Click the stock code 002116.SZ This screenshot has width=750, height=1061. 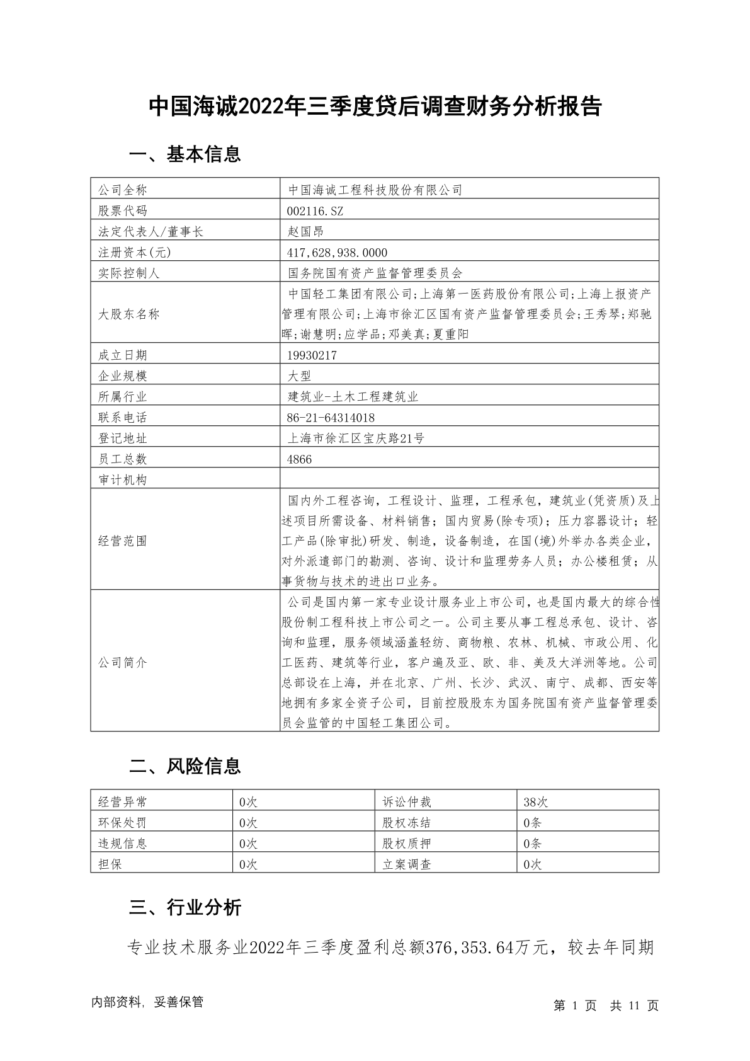coord(315,210)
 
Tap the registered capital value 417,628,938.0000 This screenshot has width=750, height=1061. coord(337,253)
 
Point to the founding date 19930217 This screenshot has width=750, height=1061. coord(312,355)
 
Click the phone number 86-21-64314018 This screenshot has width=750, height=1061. coord(331,418)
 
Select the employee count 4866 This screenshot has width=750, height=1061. coord(299,459)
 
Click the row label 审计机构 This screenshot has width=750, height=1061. coord(122,480)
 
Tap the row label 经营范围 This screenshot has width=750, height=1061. coord(122,541)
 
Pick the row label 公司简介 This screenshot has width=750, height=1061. coord(122,662)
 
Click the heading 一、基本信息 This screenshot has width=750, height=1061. coord(185,154)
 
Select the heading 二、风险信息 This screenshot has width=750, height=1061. coord(185,766)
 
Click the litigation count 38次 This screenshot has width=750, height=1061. coord(535,802)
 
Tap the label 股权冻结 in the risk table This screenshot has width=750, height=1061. coord(407,823)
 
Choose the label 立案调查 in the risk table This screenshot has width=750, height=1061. coord(407,864)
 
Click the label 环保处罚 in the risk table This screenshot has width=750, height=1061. coord(122,823)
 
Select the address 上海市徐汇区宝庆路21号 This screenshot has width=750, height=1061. coord(356,439)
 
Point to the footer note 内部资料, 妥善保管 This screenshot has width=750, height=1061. coord(147,1002)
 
